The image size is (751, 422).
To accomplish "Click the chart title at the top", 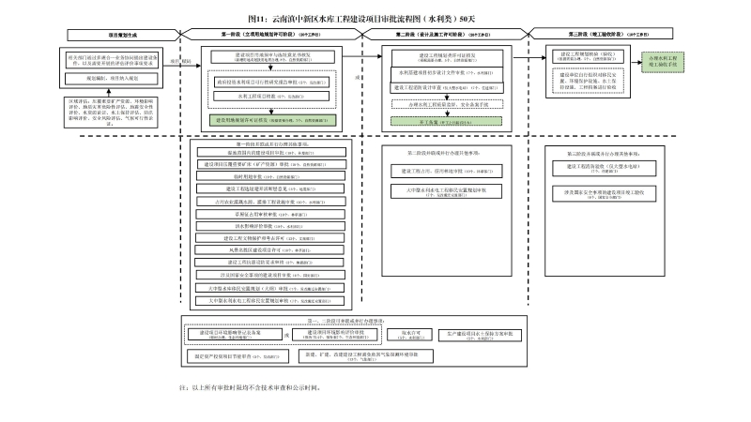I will pyautogui.click(x=375, y=18).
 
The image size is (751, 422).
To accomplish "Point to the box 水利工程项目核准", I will pyautogui.click(x=272, y=95).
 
